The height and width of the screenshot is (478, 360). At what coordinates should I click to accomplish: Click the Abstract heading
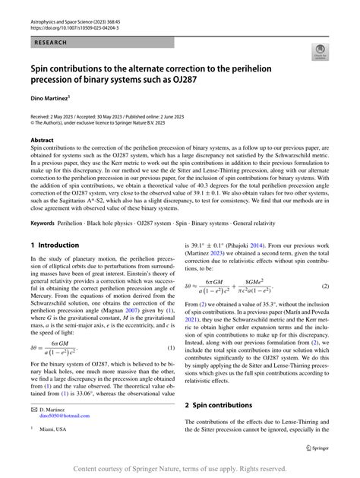point(42,140)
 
